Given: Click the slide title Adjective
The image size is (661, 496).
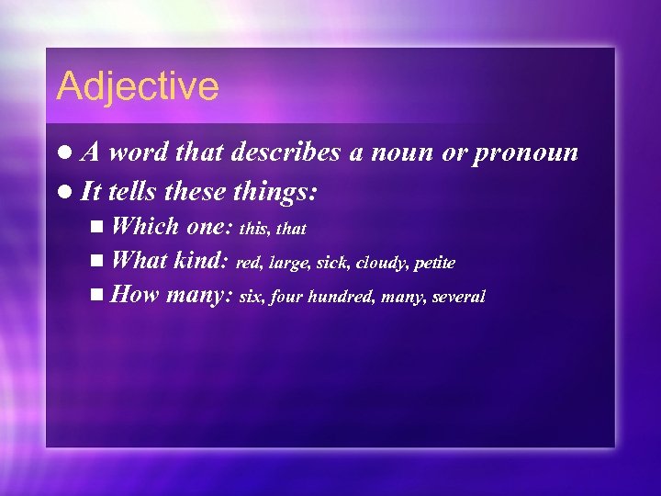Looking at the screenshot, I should click(138, 86).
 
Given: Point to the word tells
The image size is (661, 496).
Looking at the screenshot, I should click(132, 192).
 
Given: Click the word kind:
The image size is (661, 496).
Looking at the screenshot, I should click(198, 261).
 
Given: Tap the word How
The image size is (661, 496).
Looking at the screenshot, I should click(138, 295).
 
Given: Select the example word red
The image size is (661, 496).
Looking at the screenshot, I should click(247, 264).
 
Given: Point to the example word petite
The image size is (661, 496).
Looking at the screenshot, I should click(434, 265).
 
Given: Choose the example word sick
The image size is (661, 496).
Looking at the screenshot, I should click(330, 264).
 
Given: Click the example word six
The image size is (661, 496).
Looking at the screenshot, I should click(250, 297).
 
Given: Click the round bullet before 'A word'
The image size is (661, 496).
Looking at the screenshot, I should click(61, 153).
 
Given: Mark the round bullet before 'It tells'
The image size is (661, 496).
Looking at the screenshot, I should click(61, 193).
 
